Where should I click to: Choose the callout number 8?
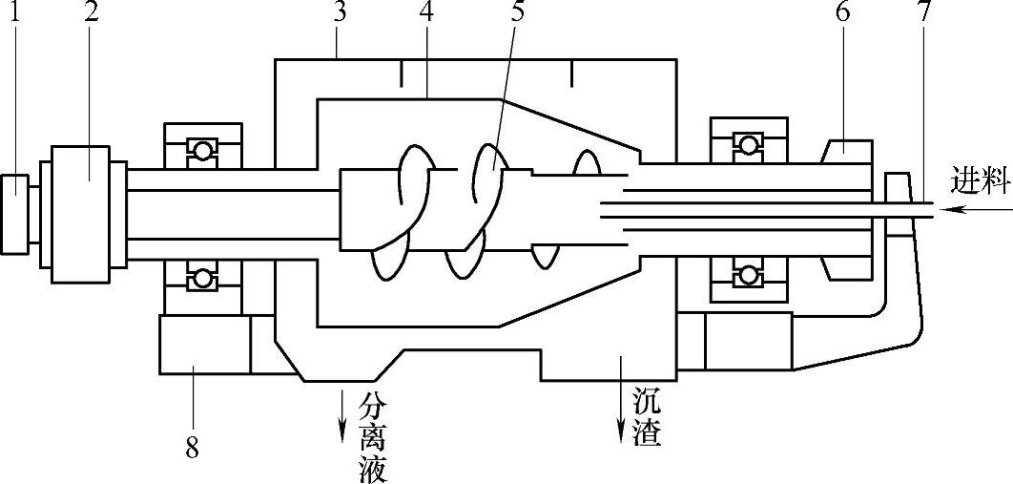click(x=192, y=449)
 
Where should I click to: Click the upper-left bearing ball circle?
click(x=201, y=150)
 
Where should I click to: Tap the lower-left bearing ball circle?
click(x=201, y=278)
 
